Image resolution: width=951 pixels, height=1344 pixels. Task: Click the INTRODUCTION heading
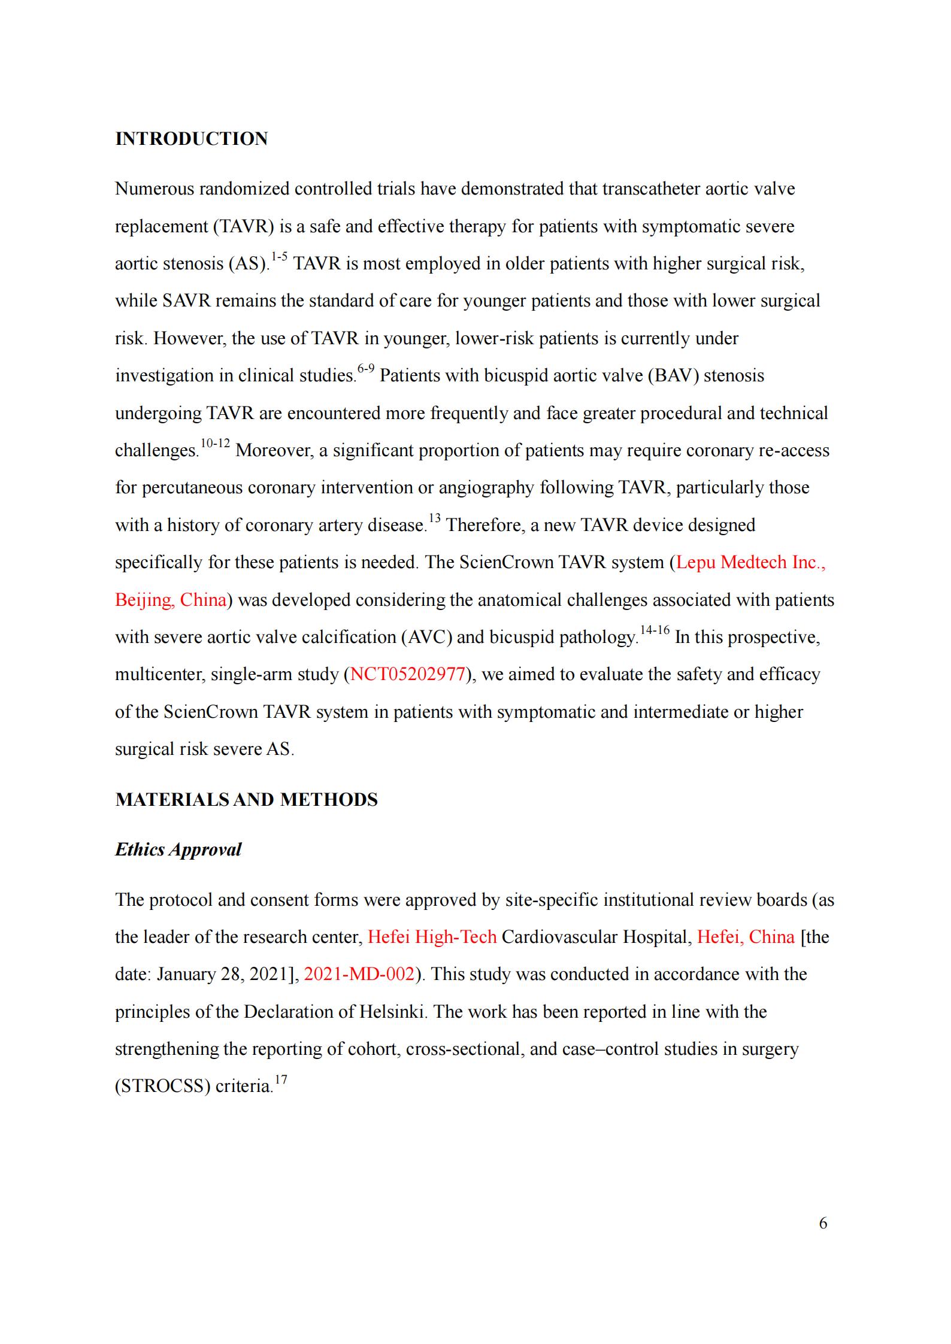pyautogui.click(x=191, y=139)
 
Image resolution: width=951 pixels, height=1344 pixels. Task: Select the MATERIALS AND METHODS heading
pyautogui.click(x=246, y=800)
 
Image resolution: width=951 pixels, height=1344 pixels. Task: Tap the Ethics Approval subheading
pyautogui.click(x=178, y=850)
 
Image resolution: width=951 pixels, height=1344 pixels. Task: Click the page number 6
pyautogui.click(x=823, y=1223)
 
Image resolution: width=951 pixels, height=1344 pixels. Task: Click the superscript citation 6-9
pyautogui.click(x=365, y=369)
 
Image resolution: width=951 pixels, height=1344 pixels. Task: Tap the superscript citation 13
pyautogui.click(x=434, y=518)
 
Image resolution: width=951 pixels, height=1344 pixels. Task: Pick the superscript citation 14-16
pyautogui.click(x=655, y=630)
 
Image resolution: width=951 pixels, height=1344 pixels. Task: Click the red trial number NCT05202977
pyautogui.click(x=407, y=675)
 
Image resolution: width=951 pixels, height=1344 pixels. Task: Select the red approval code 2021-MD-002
pyautogui.click(x=359, y=975)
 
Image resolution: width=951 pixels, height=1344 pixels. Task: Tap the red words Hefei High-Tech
pyautogui.click(x=432, y=937)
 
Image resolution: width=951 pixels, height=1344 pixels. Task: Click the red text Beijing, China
pyautogui.click(x=171, y=600)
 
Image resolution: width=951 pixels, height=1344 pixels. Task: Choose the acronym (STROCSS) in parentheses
pyautogui.click(x=162, y=1087)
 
